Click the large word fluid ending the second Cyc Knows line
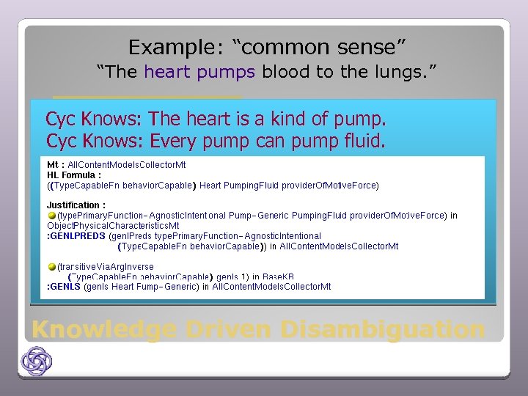click(363, 140)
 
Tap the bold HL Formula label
click(73, 175)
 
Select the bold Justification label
click(76, 205)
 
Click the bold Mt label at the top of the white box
click(55, 165)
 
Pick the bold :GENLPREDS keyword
click(76, 236)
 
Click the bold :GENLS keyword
click(64, 287)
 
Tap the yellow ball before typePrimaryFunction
click(52, 216)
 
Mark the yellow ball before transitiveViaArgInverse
click(52, 266)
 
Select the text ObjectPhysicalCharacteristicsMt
click(113, 226)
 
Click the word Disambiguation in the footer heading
click(382, 329)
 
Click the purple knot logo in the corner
click(36, 362)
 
